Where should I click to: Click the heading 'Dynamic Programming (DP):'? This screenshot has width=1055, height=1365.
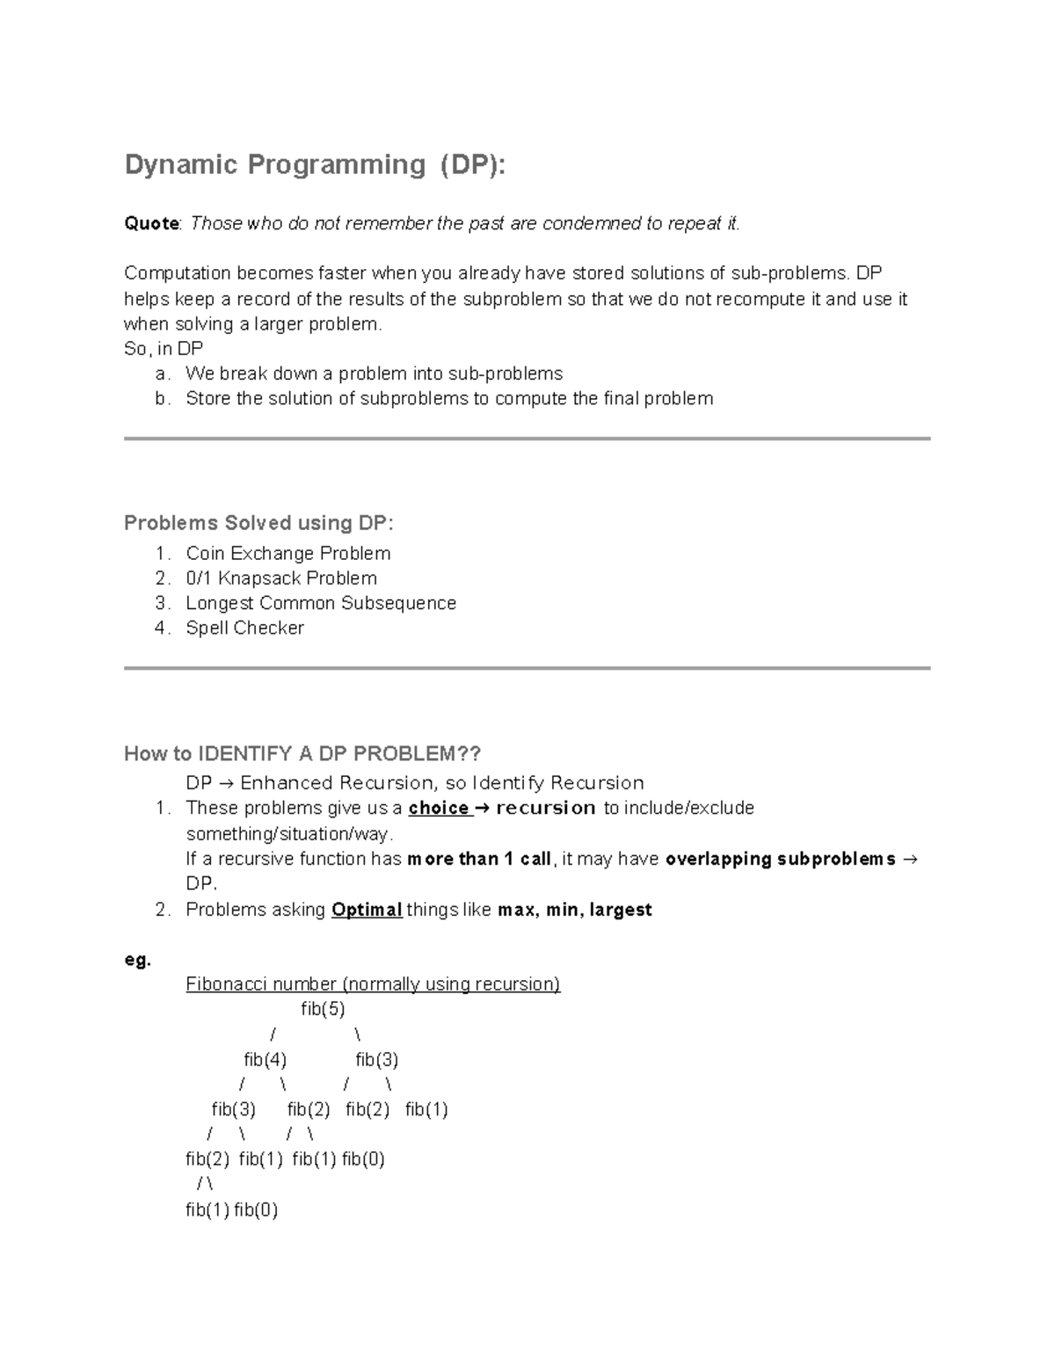315,164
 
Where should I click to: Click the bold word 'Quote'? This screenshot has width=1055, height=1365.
151,223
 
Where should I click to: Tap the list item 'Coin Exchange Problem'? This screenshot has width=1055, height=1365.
287,554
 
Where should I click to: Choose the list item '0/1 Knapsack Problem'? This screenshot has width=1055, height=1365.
281,578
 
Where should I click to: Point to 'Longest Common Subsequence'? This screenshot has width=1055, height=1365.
321,603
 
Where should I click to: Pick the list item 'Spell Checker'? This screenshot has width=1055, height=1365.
244,628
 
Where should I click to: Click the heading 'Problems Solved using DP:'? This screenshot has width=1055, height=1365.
258,523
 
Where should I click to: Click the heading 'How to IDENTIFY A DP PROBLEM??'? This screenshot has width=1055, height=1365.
302,754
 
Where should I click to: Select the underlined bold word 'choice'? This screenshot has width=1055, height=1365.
438,808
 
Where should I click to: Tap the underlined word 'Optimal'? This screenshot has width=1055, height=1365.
367,910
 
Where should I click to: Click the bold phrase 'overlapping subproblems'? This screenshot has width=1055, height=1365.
781,859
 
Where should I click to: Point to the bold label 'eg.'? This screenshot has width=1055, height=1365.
137,960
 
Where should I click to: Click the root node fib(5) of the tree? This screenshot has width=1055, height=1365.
323,1009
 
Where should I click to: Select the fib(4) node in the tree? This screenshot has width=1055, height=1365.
265,1059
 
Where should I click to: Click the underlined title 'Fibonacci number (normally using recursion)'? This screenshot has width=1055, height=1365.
373,984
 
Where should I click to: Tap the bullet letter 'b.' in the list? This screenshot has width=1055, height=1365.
162,398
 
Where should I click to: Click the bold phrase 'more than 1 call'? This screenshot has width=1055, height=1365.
479,859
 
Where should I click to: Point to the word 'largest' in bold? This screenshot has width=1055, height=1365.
621,910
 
